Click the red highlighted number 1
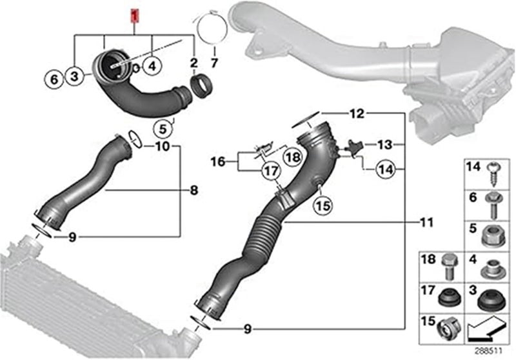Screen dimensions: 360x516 tap(134, 13)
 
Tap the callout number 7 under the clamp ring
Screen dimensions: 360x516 tap(215, 63)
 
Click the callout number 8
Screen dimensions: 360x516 tap(194, 190)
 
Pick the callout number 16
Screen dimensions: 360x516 tap(220, 161)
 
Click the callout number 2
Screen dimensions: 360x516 tap(193, 63)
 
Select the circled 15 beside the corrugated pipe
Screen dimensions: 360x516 tap(322, 206)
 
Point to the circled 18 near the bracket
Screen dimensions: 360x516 tap(292, 157)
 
